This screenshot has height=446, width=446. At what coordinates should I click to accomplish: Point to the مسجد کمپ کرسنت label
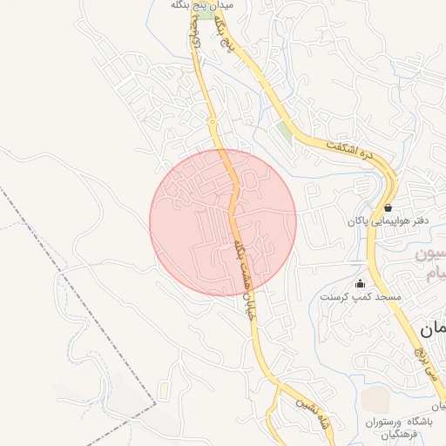point(360,297)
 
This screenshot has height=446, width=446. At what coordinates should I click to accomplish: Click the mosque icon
point(360,283)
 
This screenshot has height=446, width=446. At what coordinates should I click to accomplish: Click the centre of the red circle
point(223,223)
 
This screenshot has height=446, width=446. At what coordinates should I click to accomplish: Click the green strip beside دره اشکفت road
point(285,132)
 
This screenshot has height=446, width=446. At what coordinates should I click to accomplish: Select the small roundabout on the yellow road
point(212,122)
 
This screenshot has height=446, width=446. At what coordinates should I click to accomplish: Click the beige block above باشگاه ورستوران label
point(376,400)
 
